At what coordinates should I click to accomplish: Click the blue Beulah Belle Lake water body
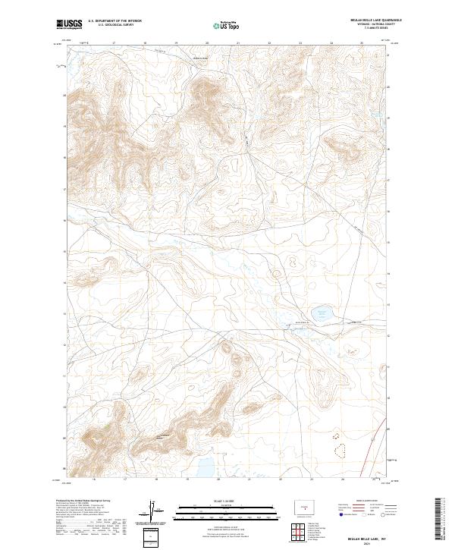click(323, 312)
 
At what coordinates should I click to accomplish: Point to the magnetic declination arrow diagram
click(153, 511)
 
